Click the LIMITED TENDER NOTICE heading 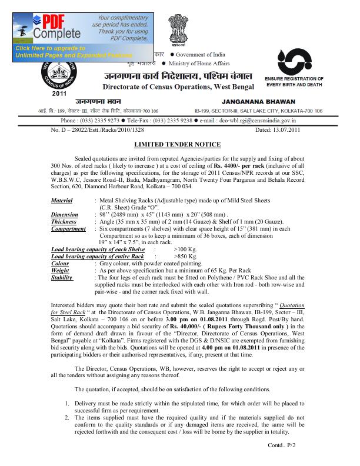click(177, 144)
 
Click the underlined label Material click(62, 201)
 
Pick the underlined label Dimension click(64, 215)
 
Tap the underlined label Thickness click(64, 222)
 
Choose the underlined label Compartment click(69, 229)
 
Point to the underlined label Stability click(62, 277)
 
